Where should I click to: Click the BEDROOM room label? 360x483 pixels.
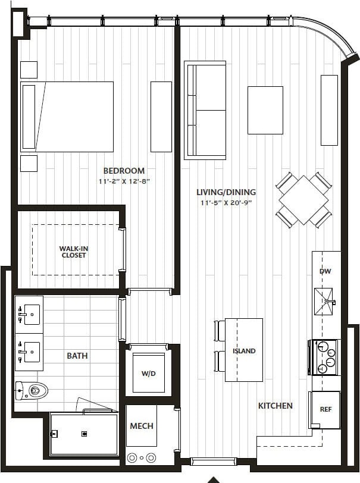pyautogui.click(x=124, y=171)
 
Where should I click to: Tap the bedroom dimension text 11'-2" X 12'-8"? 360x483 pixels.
pyautogui.click(x=124, y=181)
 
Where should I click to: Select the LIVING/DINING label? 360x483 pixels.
pyautogui.click(x=226, y=192)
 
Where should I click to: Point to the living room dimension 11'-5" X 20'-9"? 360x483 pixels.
pyautogui.click(x=226, y=203)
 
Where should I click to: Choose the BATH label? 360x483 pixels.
pyautogui.click(x=77, y=356)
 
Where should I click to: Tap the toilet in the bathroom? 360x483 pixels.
pyautogui.click(x=33, y=390)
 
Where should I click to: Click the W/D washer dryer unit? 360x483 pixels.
pyautogui.click(x=148, y=373)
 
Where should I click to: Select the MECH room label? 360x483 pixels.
pyautogui.click(x=141, y=426)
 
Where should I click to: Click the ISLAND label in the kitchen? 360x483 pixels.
pyautogui.click(x=244, y=351)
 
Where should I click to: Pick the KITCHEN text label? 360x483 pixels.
pyautogui.click(x=275, y=406)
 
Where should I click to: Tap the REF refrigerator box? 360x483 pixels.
pyautogui.click(x=325, y=409)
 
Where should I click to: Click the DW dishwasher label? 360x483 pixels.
pyautogui.click(x=325, y=271)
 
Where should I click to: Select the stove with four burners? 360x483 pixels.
pyautogui.click(x=324, y=357)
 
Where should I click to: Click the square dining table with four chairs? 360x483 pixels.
pyautogui.click(x=303, y=200)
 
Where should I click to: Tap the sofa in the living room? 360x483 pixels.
pyautogui.click(x=205, y=110)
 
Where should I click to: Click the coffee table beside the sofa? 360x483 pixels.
pyautogui.click(x=265, y=110)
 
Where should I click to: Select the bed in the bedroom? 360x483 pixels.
pyautogui.click(x=67, y=117)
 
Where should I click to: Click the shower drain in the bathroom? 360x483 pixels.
pyautogui.click(x=84, y=434)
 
